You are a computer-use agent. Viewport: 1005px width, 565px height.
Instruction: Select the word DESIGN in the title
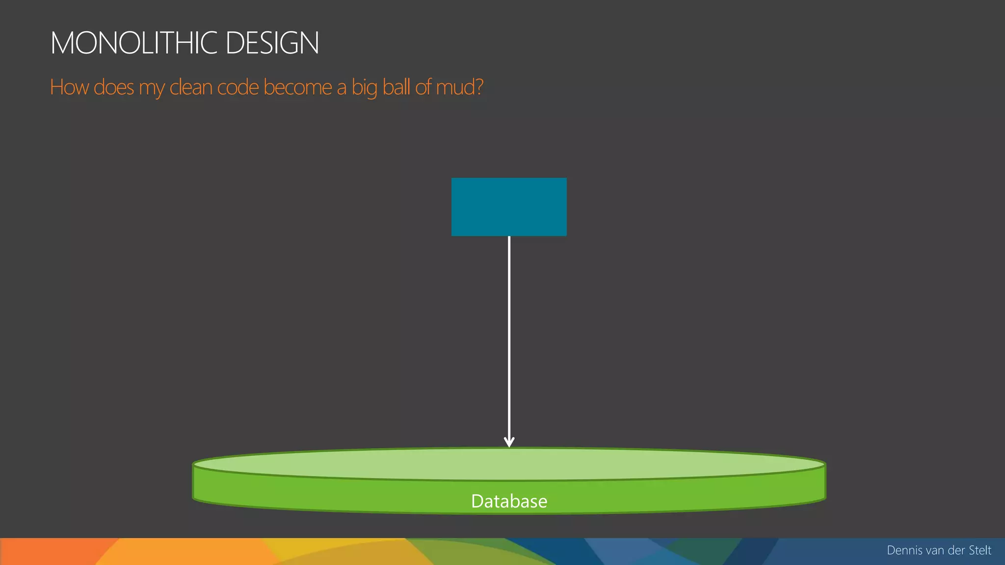click(272, 43)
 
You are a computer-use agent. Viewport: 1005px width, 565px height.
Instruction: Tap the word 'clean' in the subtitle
click(190, 87)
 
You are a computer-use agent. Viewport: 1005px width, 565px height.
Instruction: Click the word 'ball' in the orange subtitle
click(396, 87)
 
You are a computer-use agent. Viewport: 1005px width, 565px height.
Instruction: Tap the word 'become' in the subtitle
click(297, 87)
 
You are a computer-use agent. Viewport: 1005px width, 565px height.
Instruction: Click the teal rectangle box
click(509, 206)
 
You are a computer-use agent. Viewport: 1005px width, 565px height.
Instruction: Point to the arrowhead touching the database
click(509, 442)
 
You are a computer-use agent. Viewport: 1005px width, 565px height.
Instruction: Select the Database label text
click(509, 501)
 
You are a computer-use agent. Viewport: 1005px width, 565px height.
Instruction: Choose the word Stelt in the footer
click(979, 550)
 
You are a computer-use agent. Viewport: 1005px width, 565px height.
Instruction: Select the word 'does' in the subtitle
click(113, 87)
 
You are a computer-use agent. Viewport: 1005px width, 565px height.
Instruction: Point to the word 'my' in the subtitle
click(151, 88)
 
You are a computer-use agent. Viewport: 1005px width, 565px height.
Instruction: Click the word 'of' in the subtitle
click(423, 87)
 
